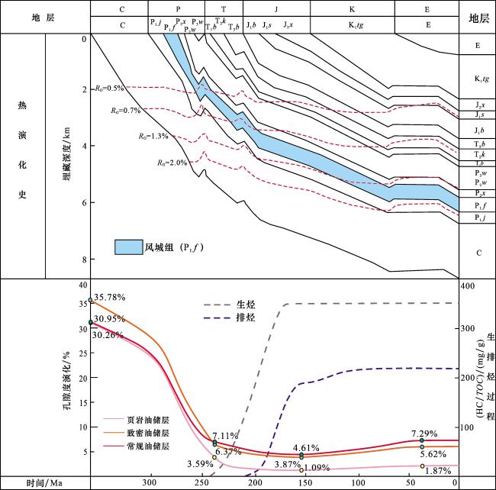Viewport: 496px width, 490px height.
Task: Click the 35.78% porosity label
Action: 110,296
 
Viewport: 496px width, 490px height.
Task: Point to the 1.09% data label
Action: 317,468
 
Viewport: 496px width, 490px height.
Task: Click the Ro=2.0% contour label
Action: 172,163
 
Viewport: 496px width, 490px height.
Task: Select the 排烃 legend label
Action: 245,318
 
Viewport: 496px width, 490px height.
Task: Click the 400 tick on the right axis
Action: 466,285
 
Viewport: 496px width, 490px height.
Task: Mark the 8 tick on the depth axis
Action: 83,260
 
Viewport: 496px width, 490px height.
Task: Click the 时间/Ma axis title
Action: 43,483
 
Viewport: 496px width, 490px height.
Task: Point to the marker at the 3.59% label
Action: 214,457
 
